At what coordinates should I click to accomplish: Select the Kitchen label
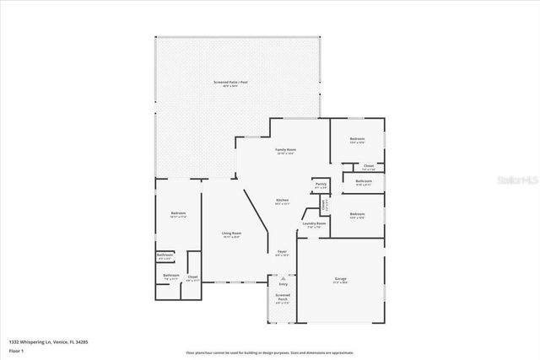[282, 201]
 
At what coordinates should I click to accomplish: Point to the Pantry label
[321, 184]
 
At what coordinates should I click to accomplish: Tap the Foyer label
[282, 252]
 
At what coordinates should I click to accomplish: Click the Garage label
[340, 279]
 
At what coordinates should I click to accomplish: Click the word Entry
[283, 284]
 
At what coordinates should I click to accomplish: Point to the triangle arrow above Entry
[283, 277]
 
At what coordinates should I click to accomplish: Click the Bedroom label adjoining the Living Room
[178, 214]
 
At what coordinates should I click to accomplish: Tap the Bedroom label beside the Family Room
[357, 139]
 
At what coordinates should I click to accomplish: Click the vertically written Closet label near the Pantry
[323, 203]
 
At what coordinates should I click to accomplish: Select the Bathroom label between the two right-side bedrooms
[364, 181]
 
